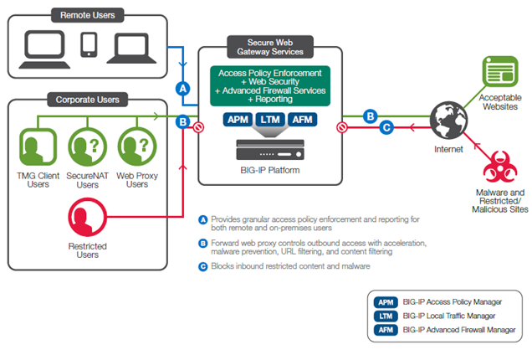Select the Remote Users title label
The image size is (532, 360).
click(88, 15)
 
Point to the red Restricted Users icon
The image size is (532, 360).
click(87, 219)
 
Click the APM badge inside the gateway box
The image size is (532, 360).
click(239, 121)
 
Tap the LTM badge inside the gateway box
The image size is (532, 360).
click(270, 121)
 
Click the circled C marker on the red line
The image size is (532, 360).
click(386, 128)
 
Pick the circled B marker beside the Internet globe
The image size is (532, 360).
click(369, 116)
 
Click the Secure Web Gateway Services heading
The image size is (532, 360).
click(269, 46)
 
